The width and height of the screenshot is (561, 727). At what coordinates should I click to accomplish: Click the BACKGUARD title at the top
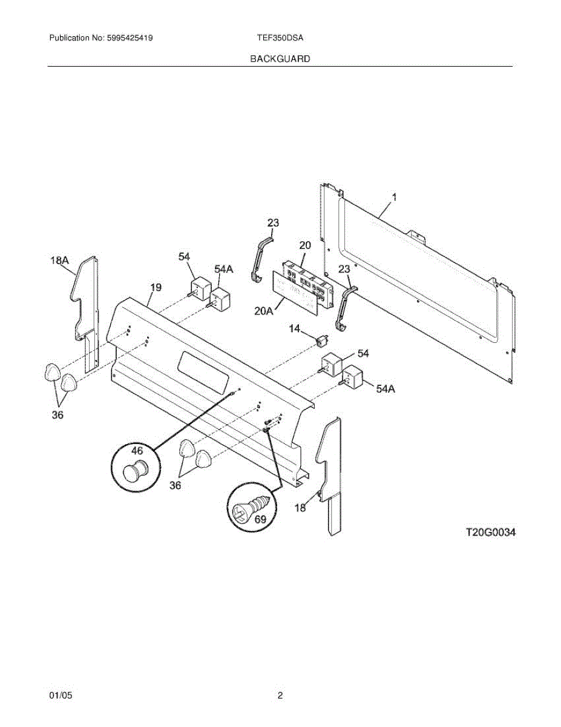(x=280, y=59)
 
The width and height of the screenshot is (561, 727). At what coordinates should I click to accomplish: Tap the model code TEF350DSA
(x=280, y=38)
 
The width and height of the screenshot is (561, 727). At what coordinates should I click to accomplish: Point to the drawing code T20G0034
(x=490, y=533)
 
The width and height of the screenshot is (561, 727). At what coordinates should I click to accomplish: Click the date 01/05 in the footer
(x=61, y=695)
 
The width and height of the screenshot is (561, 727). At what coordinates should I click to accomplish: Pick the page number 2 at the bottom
(x=280, y=695)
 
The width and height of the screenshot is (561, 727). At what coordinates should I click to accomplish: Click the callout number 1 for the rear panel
(x=394, y=197)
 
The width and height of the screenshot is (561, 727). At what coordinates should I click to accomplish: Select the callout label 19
(x=156, y=287)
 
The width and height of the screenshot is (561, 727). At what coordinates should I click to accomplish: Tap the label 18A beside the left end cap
(x=59, y=261)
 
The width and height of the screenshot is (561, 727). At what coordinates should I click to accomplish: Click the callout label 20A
(x=264, y=311)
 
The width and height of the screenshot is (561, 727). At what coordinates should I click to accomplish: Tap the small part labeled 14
(x=323, y=340)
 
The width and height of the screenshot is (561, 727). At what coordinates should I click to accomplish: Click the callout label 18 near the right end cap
(x=300, y=508)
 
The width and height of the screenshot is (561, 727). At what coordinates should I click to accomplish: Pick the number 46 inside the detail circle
(x=137, y=451)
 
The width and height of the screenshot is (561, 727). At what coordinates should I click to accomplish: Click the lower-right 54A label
(x=385, y=389)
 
